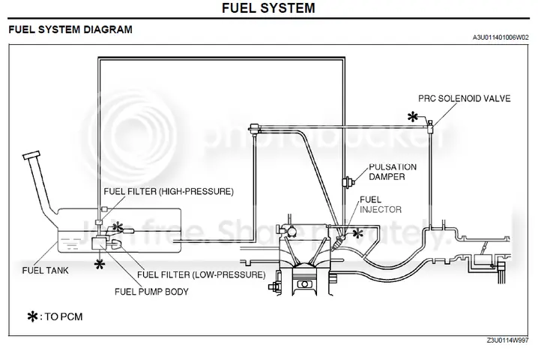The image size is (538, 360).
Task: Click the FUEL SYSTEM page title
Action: click(x=269, y=8)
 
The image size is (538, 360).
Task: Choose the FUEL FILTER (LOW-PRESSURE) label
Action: click(x=202, y=274)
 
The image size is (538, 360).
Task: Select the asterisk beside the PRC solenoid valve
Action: click(x=412, y=116)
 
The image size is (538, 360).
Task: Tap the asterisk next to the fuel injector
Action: click(x=357, y=233)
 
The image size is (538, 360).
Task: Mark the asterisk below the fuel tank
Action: click(x=100, y=263)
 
